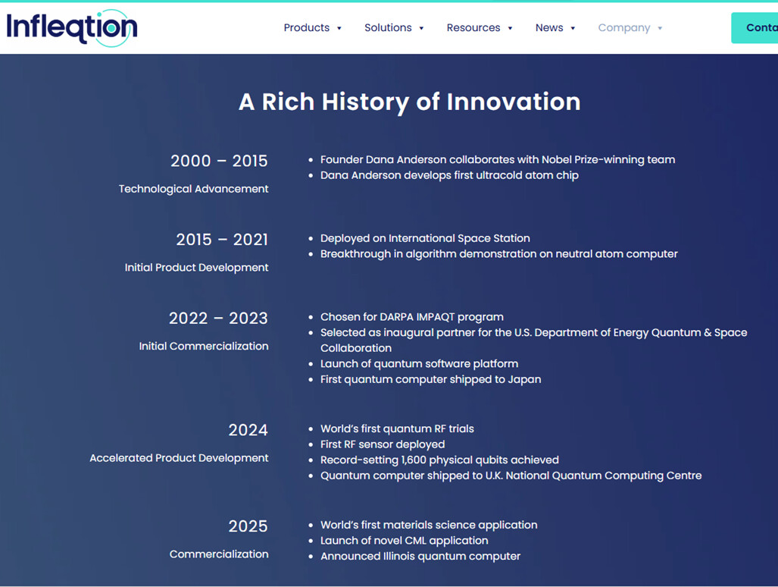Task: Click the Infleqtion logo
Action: [72, 28]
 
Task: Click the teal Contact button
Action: [755, 28]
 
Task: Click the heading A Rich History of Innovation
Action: [409, 102]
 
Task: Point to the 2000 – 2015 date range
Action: [219, 161]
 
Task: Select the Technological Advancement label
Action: [193, 189]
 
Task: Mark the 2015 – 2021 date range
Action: [222, 240]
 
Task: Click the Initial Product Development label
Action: [196, 267]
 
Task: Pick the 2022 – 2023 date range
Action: [218, 319]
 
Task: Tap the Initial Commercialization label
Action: [204, 346]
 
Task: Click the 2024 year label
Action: [248, 430]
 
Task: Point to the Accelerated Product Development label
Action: [179, 458]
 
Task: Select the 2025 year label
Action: [248, 526]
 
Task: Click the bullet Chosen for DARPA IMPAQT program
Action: [412, 317]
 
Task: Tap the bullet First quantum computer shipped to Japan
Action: [431, 379]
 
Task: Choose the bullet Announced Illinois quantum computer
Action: [420, 556]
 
